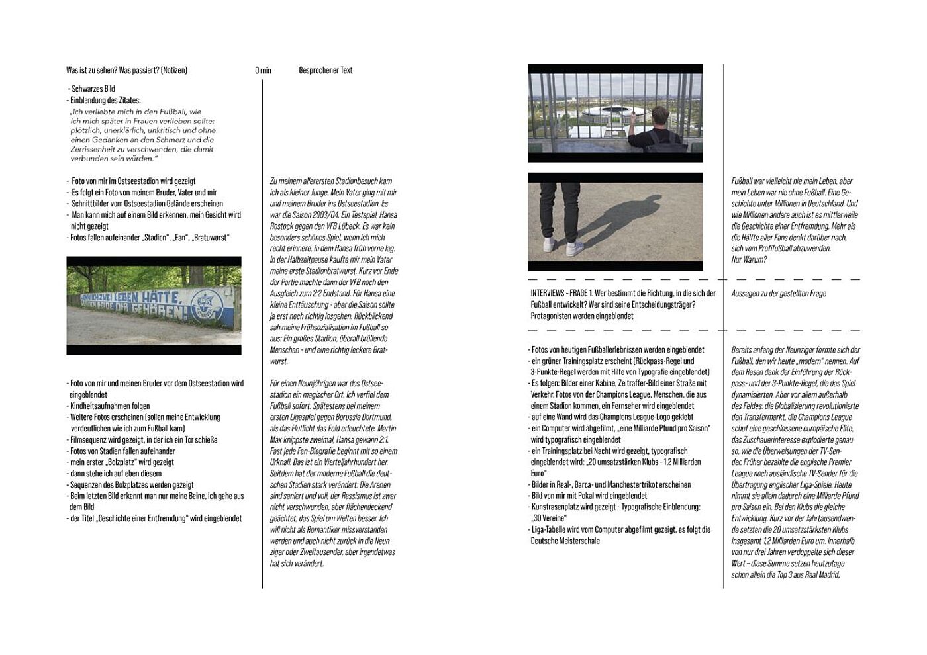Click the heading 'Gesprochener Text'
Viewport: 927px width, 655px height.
[x=326, y=70]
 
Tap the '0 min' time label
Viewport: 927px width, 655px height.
[x=263, y=70]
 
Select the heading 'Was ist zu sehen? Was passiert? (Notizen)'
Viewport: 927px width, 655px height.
[x=126, y=70]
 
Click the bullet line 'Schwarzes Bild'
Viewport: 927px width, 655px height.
[x=93, y=89]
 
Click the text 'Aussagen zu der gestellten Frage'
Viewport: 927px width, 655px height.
[x=779, y=293]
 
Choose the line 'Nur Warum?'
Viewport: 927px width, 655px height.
[x=749, y=259]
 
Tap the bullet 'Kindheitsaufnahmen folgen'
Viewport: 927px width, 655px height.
[x=110, y=406]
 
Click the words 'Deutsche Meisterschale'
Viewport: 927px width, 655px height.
[x=565, y=541]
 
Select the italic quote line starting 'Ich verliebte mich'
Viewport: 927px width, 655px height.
[x=136, y=112]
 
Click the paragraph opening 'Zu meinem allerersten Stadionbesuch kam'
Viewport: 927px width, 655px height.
[x=331, y=181]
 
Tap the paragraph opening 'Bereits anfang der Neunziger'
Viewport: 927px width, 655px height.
[x=795, y=349]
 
